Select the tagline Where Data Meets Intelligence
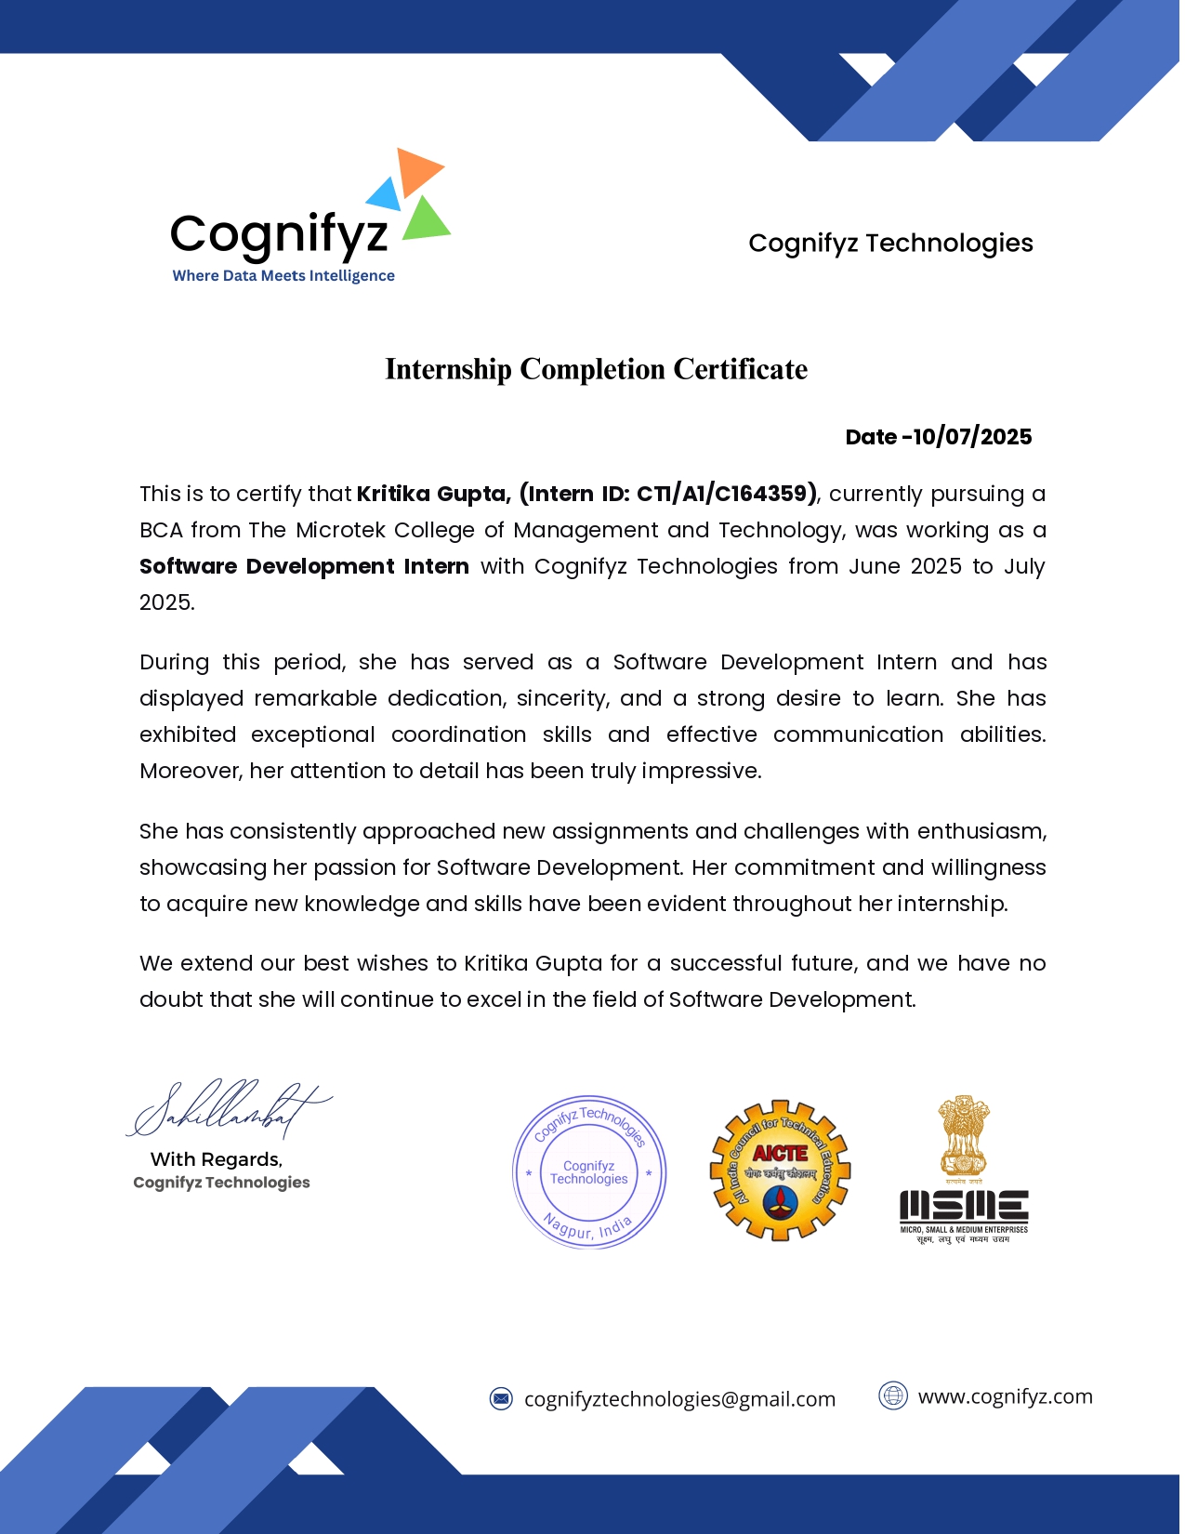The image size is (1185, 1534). (x=283, y=276)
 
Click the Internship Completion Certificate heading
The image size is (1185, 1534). (x=596, y=369)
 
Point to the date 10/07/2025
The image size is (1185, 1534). (x=972, y=437)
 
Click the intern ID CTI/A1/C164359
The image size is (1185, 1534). (x=725, y=494)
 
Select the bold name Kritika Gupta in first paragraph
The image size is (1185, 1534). (x=433, y=494)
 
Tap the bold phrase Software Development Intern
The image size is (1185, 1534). (x=304, y=566)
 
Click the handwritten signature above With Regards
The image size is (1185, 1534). (x=227, y=1108)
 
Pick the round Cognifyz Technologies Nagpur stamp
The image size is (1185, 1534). (x=589, y=1171)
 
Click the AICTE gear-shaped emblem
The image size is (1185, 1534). (x=780, y=1170)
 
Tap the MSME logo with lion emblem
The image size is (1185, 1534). (x=964, y=1170)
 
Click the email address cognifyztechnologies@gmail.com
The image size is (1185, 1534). (x=679, y=1399)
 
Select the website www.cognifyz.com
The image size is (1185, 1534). (x=1005, y=1396)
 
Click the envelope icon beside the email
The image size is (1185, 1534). (x=501, y=1398)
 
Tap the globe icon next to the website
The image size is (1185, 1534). (x=892, y=1395)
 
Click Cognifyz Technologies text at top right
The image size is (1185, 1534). (x=890, y=244)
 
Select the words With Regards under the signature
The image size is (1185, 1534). (x=217, y=1159)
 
